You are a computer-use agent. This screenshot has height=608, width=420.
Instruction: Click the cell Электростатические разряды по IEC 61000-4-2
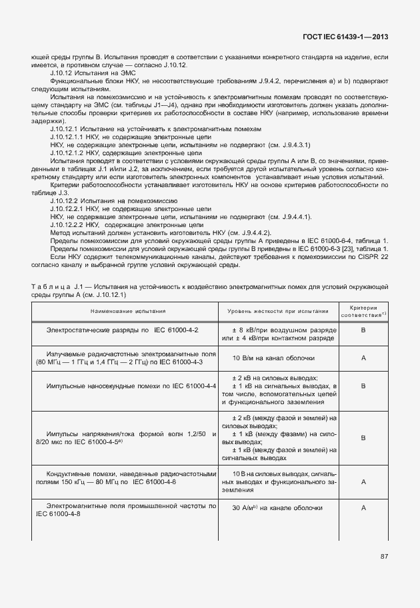[x=122, y=330]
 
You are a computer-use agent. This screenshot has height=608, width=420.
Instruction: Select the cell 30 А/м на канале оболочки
[x=277, y=508]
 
